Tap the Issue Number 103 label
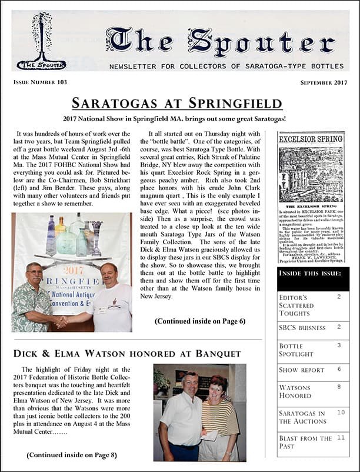coord(39,82)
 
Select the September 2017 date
coord(325,82)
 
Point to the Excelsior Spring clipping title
coord(302,140)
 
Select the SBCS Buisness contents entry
coord(301,327)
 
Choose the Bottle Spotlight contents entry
coord(297,350)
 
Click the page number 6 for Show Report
coord(339,370)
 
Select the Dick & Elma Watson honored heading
coord(127,353)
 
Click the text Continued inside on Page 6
coord(200,321)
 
